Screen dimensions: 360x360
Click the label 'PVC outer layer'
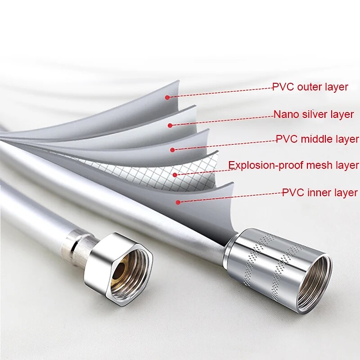pos(310,87)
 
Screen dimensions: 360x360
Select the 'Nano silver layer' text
pos(314,114)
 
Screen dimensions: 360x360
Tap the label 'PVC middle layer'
pos(317,139)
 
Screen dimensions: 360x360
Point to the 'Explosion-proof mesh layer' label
pos(293,165)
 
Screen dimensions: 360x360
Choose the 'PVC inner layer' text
pos(319,193)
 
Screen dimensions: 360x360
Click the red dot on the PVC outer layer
pos(167,97)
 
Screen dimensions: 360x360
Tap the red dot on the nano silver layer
pos(170,125)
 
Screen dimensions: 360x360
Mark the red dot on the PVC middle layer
pos(172,149)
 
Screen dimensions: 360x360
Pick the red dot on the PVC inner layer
pos(178,202)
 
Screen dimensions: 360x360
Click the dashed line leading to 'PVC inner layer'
pos(229,197)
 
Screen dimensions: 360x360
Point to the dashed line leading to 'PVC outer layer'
pos(220,92)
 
